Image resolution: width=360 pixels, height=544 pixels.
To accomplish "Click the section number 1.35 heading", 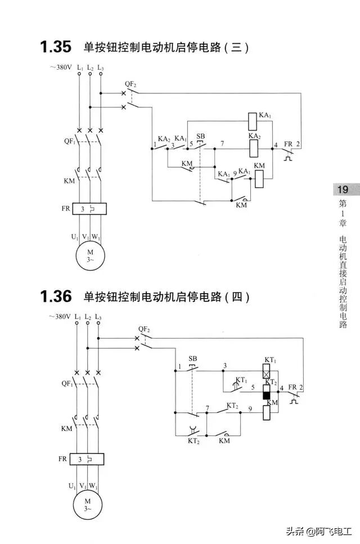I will click(x=55, y=47).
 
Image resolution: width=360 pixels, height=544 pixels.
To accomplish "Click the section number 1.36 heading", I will click(x=55, y=296).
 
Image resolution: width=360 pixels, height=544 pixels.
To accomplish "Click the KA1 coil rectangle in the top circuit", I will click(x=253, y=120).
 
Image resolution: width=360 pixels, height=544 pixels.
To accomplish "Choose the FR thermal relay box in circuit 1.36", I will click(x=88, y=459).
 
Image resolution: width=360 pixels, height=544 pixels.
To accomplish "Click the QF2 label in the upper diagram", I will click(x=130, y=84).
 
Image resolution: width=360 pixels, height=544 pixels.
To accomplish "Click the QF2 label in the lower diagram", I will click(x=144, y=329).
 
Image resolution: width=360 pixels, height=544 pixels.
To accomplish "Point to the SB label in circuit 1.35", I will click(x=200, y=136).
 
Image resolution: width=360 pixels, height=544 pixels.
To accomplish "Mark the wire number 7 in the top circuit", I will click(x=222, y=143).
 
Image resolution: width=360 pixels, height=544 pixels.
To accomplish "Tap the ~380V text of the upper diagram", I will click(x=60, y=68).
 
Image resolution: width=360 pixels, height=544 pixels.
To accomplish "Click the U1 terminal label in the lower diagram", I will click(x=72, y=485).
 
